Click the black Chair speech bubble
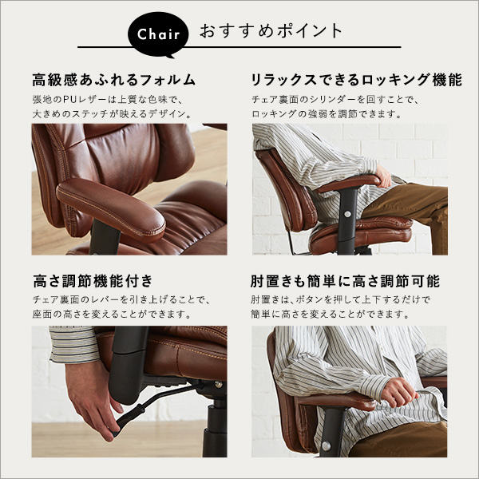(158, 34)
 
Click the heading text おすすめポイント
(271, 31)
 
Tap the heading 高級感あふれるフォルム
(113, 80)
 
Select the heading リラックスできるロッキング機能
(356, 80)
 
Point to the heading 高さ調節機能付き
(93, 281)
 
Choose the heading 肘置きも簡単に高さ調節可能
(345, 281)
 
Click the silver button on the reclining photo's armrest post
(347, 214)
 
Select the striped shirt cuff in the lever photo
(73, 345)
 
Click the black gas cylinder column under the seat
(216, 428)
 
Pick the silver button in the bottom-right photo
(327, 445)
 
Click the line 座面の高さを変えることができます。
(112, 314)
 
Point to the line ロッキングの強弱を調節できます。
(327, 114)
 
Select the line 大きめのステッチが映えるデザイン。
(112, 114)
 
